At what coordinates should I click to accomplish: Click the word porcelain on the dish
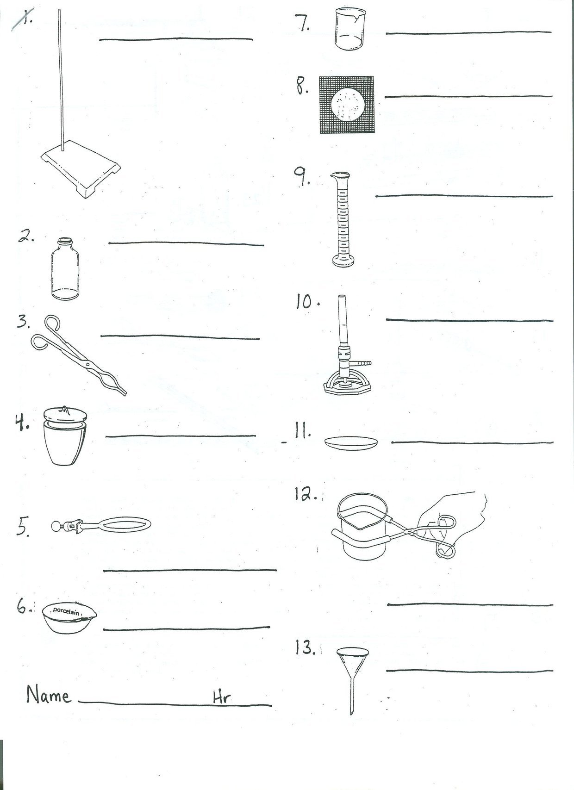pyautogui.click(x=66, y=611)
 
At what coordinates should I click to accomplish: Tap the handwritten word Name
pyautogui.click(x=49, y=695)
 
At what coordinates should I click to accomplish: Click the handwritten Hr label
pyautogui.click(x=222, y=697)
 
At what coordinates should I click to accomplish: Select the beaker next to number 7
pyautogui.click(x=349, y=30)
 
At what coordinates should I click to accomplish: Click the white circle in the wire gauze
pyautogui.click(x=348, y=105)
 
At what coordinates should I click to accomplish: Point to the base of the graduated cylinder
pyautogui.click(x=343, y=261)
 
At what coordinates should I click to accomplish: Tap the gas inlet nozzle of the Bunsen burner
pyautogui.click(x=361, y=362)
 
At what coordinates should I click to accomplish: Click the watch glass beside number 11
pyautogui.click(x=351, y=442)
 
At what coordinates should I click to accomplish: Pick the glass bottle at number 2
pyautogui.click(x=65, y=269)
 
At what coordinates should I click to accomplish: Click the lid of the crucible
pyautogui.click(x=65, y=414)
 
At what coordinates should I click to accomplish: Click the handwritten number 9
pyautogui.click(x=302, y=176)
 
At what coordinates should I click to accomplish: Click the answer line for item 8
pyautogui.click(x=468, y=96)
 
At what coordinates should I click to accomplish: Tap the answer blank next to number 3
pyautogui.click(x=180, y=337)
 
